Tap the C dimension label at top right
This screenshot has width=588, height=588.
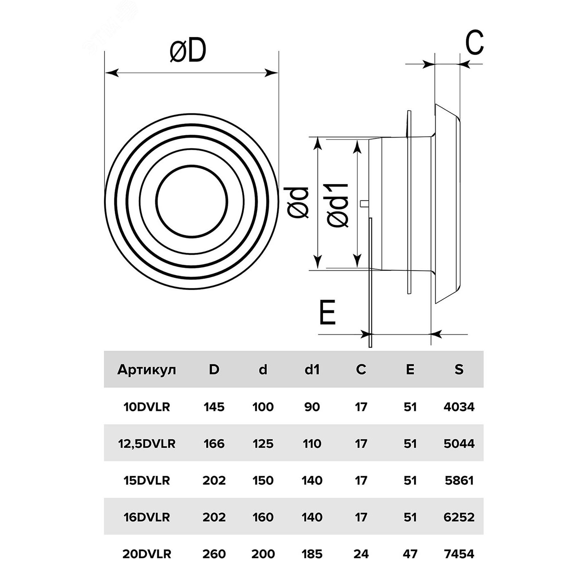[x=474, y=42]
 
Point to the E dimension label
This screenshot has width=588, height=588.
[x=327, y=312]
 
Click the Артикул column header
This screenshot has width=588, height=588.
[x=147, y=370]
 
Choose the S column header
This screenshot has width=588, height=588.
[x=459, y=370]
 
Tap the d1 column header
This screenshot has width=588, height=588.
[x=312, y=370]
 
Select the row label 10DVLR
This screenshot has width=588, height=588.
[x=147, y=407]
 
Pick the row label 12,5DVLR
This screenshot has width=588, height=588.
[x=147, y=443]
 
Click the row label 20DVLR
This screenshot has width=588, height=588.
[x=147, y=554]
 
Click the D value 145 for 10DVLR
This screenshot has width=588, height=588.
[x=214, y=407]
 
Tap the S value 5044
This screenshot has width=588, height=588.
[x=459, y=443]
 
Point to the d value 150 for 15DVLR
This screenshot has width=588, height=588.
[x=263, y=480]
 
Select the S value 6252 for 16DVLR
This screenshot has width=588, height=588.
[x=459, y=517]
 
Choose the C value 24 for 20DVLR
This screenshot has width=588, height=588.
[x=361, y=554]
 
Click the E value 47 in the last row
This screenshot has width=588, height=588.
[x=410, y=554]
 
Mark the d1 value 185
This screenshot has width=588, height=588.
[x=312, y=554]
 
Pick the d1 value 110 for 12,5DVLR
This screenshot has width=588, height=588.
[x=312, y=443]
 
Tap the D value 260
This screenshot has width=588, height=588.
[x=214, y=554]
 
